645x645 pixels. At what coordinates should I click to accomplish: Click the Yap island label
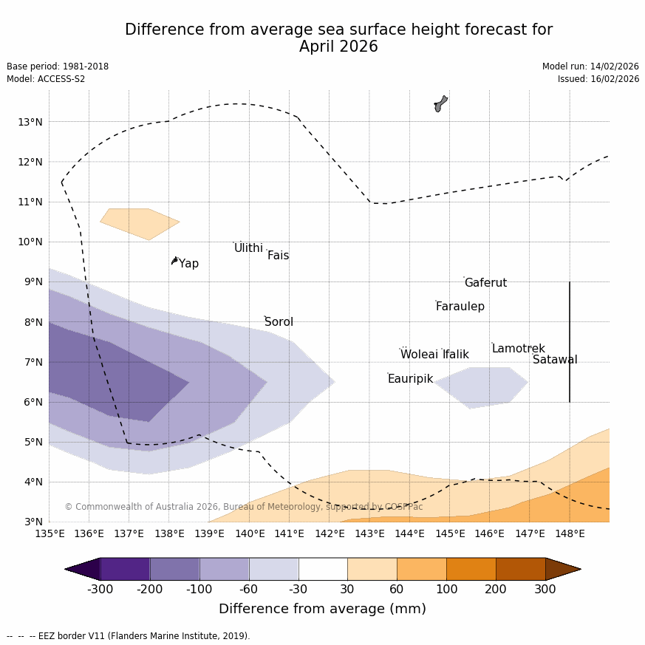188,264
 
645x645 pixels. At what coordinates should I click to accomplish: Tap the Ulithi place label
248,248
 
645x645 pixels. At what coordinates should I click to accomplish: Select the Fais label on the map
278,256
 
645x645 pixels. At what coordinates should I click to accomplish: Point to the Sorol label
279,322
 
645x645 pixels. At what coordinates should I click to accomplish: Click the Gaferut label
485,283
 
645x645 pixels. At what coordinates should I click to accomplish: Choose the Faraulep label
460,307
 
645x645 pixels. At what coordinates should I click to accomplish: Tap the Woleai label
419,355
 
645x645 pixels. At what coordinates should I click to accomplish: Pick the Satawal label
555,360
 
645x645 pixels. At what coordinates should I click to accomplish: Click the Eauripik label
410,379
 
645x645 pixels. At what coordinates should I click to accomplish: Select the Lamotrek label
518,349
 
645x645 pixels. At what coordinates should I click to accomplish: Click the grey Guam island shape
440,103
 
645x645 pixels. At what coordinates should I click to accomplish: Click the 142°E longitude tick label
330,533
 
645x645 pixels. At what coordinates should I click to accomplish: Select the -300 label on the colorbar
100,589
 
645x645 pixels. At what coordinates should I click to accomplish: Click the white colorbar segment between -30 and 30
323,569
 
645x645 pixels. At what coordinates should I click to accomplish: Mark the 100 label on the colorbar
446,589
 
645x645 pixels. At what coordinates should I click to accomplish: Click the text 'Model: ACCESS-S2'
46,79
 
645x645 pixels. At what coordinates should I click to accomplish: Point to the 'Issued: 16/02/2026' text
598,79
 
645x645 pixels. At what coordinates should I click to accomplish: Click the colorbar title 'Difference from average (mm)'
322,610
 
